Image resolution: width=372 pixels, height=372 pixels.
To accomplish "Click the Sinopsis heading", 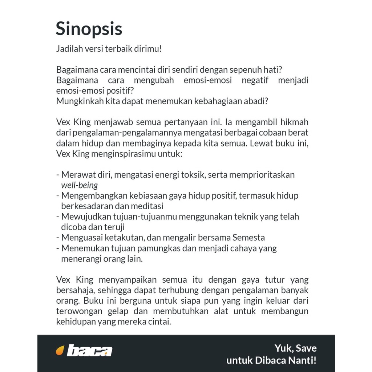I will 89,29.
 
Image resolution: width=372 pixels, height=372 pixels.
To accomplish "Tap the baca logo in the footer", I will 89,351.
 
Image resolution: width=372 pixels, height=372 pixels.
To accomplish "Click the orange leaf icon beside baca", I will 60,351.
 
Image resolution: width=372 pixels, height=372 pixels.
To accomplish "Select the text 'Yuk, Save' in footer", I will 295,348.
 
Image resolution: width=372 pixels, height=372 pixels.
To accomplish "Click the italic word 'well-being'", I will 80,185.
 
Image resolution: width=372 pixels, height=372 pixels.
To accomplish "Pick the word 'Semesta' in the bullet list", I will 248,238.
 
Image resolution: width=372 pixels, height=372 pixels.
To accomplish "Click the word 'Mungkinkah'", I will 78,101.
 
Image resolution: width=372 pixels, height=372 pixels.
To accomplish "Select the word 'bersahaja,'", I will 75,290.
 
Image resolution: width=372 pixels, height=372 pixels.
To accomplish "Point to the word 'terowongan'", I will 79,311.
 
